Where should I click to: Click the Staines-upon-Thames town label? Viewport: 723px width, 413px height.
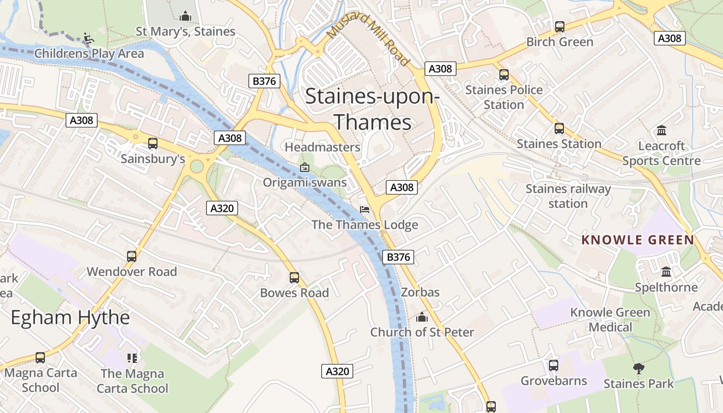coord(372,109)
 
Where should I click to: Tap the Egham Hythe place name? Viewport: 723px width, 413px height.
coord(70,317)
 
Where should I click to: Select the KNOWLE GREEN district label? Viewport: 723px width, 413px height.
coord(638,240)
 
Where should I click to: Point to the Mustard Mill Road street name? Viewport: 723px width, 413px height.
coord(368,39)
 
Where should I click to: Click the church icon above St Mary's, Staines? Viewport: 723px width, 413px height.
coord(185,17)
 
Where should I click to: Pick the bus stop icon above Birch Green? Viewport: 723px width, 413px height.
coord(559,27)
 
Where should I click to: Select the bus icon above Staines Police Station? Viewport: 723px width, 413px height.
coord(504,75)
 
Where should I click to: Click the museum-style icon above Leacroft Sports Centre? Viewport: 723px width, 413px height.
coord(661,130)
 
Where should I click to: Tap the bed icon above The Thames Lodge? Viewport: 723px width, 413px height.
coord(365,210)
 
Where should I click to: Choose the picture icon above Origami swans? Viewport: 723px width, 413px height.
coord(305,167)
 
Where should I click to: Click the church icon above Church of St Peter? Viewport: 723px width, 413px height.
coord(422,317)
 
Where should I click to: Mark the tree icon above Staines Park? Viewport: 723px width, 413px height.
coord(639,368)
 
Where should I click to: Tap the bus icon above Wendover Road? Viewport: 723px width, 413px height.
coord(132,256)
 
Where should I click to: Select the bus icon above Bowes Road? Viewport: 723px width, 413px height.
coord(294,278)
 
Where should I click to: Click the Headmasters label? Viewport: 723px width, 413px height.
coord(322,147)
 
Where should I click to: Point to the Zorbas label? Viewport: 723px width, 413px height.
coord(420,292)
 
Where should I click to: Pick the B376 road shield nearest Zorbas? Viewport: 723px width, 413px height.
coord(398,257)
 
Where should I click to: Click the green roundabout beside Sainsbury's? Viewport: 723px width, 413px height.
coord(197,166)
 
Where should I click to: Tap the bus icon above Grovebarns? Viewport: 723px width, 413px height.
coord(554,366)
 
